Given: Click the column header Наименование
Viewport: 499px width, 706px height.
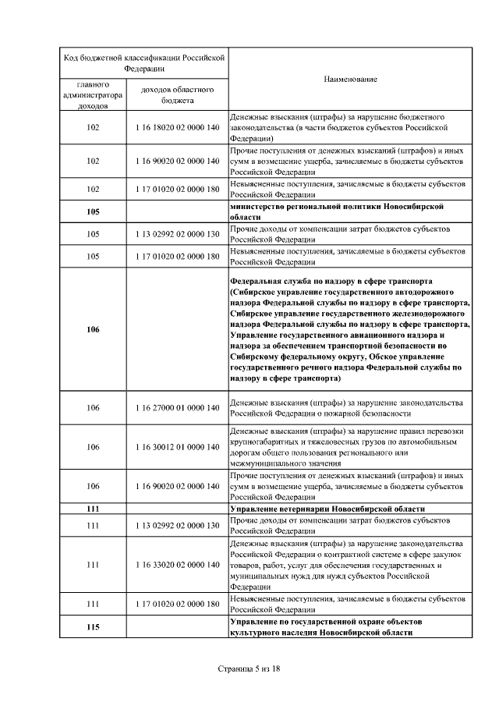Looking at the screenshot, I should [x=350, y=80].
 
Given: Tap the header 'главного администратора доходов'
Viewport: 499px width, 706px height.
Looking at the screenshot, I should [x=93, y=94].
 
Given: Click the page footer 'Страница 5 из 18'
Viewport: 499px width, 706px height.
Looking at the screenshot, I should [x=249, y=669].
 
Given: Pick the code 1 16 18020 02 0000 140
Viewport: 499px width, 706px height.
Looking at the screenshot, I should [x=177, y=127].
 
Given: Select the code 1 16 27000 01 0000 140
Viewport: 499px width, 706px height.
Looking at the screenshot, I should [x=177, y=408].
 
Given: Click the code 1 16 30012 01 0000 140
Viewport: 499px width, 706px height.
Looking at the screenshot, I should [x=177, y=447].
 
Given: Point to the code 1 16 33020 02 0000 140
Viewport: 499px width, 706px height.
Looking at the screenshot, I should [x=177, y=564].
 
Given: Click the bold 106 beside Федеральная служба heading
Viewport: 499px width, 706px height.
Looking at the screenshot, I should [x=93, y=329].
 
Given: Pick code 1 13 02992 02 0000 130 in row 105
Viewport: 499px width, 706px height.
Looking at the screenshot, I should [x=177, y=233].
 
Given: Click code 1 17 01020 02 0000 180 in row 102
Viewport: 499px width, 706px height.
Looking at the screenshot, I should [x=177, y=189].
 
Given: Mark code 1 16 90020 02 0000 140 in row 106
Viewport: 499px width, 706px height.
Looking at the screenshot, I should [x=177, y=486].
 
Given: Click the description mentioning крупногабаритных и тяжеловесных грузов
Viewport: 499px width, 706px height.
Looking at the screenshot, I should [x=350, y=447].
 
